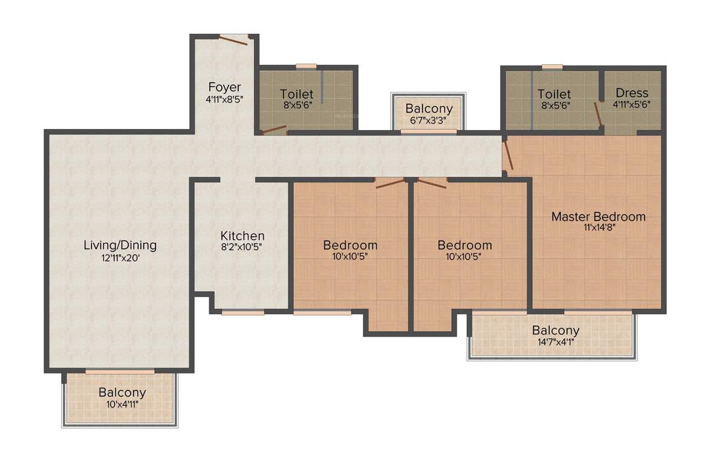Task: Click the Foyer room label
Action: click(x=224, y=87)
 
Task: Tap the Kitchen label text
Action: click(x=242, y=236)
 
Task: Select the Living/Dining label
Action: click(x=120, y=245)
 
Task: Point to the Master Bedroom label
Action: click(x=598, y=216)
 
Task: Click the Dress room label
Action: click(x=632, y=93)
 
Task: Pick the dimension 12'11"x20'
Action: click(x=120, y=257)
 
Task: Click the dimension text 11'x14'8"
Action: click(x=598, y=228)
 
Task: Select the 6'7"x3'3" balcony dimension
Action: click(x=429, y=120)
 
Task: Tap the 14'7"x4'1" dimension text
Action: click(x=555, y=342)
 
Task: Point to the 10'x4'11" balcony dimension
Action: click(x=122, y=404)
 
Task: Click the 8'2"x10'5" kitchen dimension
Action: click(x=242, y=247)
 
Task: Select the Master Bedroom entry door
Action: click(x=509, y=155)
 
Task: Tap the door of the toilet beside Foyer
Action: click(x=273, y=129)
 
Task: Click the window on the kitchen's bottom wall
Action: click(x=242, y=312)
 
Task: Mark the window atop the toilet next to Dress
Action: click(x=551, y=66)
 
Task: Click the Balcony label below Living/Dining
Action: click(x=122, y=392)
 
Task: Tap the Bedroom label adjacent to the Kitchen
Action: click(x=350, y=245)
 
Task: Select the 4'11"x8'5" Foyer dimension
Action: click(x=224, y=98)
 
